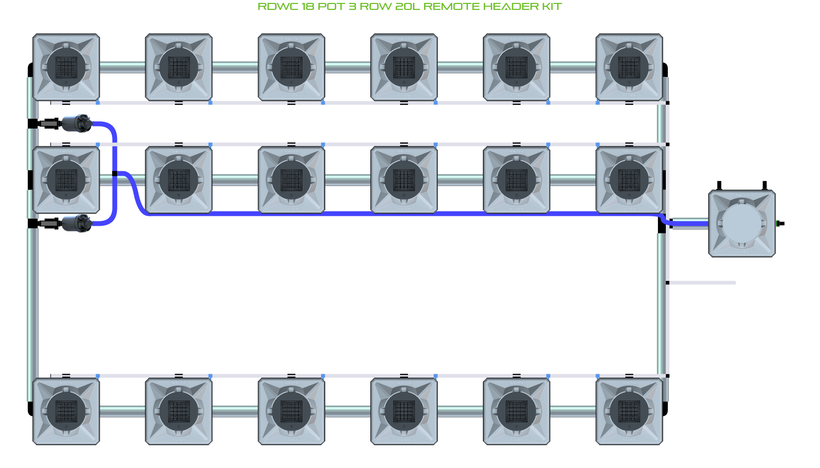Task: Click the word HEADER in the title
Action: coord(504,6)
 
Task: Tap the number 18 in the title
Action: coord(307,6)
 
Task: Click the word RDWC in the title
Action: coord(278,6)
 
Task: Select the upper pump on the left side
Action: coord(76,123)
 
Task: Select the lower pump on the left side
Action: coord(76,223)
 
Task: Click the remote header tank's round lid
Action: coord(742,223)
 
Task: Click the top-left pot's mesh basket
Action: coord(66,67)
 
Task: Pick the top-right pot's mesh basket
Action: coord(629,67)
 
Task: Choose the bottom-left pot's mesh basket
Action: coord(66,411)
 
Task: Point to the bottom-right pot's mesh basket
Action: coord(629,411)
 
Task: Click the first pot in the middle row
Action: coord(66,180)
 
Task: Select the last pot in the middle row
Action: coord(629,180)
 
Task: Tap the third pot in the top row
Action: coord(292,67)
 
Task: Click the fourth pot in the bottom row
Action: coord(404,411)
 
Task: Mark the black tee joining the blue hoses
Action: coord(115,174)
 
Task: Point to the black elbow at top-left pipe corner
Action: coord(30,69)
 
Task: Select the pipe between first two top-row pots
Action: coord(122,67)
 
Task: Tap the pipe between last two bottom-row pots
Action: coord(573,411)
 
